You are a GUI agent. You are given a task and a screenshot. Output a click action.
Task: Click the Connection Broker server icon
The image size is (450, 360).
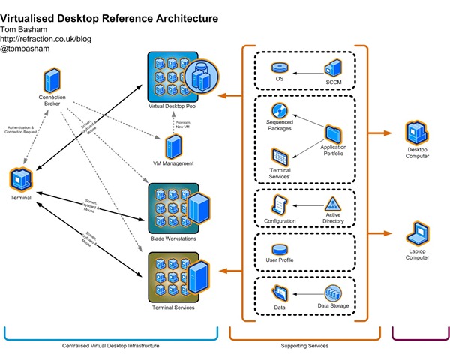(51, 79)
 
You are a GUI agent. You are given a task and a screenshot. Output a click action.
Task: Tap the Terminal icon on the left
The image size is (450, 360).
(20, 178)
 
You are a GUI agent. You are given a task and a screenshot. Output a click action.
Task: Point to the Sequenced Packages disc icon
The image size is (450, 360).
(280, 110)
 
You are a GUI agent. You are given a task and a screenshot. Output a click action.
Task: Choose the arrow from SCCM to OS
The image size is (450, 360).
(307, 72)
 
